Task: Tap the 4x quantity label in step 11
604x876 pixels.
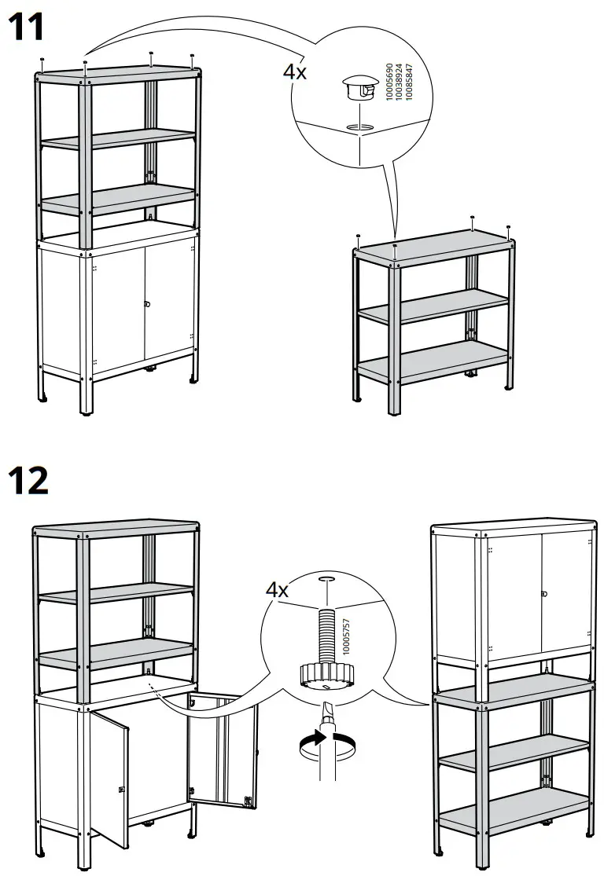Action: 296,71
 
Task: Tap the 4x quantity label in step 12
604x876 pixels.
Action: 278,588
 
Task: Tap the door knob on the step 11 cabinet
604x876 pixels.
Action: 145,303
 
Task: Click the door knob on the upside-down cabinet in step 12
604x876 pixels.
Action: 543,593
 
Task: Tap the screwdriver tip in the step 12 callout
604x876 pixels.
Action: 325,707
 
